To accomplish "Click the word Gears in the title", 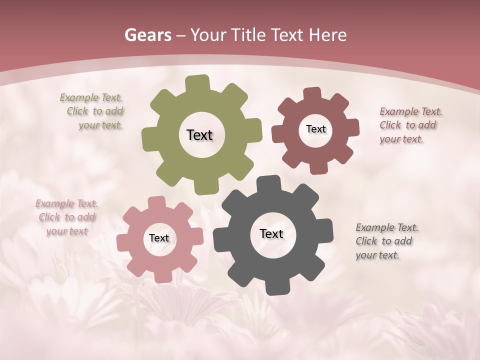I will (147, 35).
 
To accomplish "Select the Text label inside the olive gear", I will (199, 135).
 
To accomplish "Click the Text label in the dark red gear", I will (315, 129).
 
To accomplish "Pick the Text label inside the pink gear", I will (159, 238).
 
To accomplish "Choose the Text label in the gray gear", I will (271, 233).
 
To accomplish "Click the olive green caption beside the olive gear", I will (93, 111).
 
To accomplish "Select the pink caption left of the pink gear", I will (66, 217).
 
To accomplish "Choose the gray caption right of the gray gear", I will (386, 241).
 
